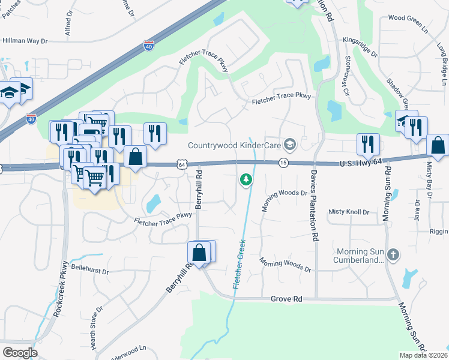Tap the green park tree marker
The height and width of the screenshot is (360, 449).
tap(246, 179)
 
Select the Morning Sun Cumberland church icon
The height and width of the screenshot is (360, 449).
tap(393, 254)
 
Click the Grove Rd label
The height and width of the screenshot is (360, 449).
tap(286, 298)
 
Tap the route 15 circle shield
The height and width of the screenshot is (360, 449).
tap(283, 163)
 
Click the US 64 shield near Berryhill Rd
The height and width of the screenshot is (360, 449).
tap(181, 164)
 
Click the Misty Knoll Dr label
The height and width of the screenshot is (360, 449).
tap(349, 212)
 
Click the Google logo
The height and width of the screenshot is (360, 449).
tap(20, 352)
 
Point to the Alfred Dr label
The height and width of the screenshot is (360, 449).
tap(68, 22)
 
